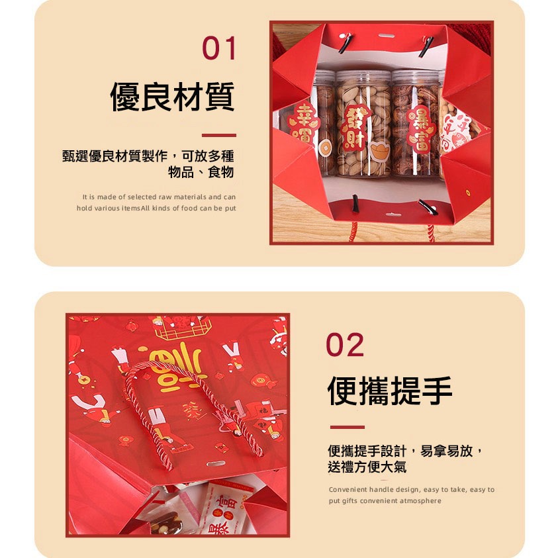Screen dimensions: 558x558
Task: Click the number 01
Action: (218, 49)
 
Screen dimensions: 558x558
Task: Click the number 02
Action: (345, 345)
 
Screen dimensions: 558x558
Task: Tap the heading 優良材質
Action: (172, 97)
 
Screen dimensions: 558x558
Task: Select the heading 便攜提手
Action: (390, 391)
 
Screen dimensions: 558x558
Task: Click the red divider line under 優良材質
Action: (218, 135)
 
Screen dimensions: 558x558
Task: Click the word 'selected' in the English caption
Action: (143, 197)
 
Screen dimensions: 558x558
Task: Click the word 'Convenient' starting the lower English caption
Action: (348, 490)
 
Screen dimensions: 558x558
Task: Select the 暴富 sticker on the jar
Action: (420, 128)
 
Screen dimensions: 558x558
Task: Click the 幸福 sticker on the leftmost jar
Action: (303, 124)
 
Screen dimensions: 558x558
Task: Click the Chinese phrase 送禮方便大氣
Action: (367, 467)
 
